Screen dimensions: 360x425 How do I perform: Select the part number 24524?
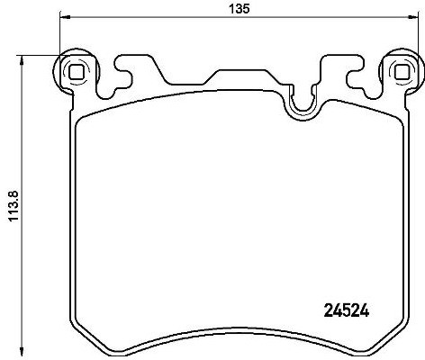(347, 311)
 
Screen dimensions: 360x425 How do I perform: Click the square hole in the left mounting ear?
(76, 73)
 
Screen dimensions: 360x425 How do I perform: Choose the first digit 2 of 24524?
(327, 311)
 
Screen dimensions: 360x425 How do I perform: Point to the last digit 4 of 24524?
(366, 311)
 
